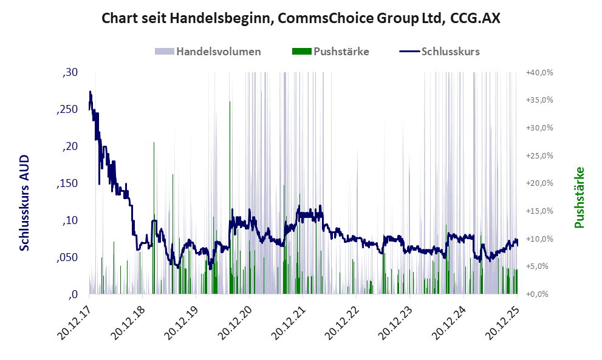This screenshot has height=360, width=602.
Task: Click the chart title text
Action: [x=301, y=19]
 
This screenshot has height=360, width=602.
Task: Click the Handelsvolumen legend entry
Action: [x=218, y=52]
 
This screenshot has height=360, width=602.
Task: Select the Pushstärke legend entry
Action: [x=341, y=52]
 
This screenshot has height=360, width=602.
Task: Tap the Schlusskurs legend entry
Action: [x=450, y=52]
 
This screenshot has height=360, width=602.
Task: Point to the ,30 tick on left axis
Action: [x=70, y=73]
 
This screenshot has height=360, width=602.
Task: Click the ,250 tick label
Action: [x=68, y=109]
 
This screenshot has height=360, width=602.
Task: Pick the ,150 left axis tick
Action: [x=68, y=183]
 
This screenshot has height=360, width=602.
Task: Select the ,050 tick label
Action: [x=68, y=257]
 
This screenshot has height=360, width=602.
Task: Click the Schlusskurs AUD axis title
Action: [x=25, y=203]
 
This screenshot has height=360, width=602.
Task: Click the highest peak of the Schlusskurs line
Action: [x=90, y=92]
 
